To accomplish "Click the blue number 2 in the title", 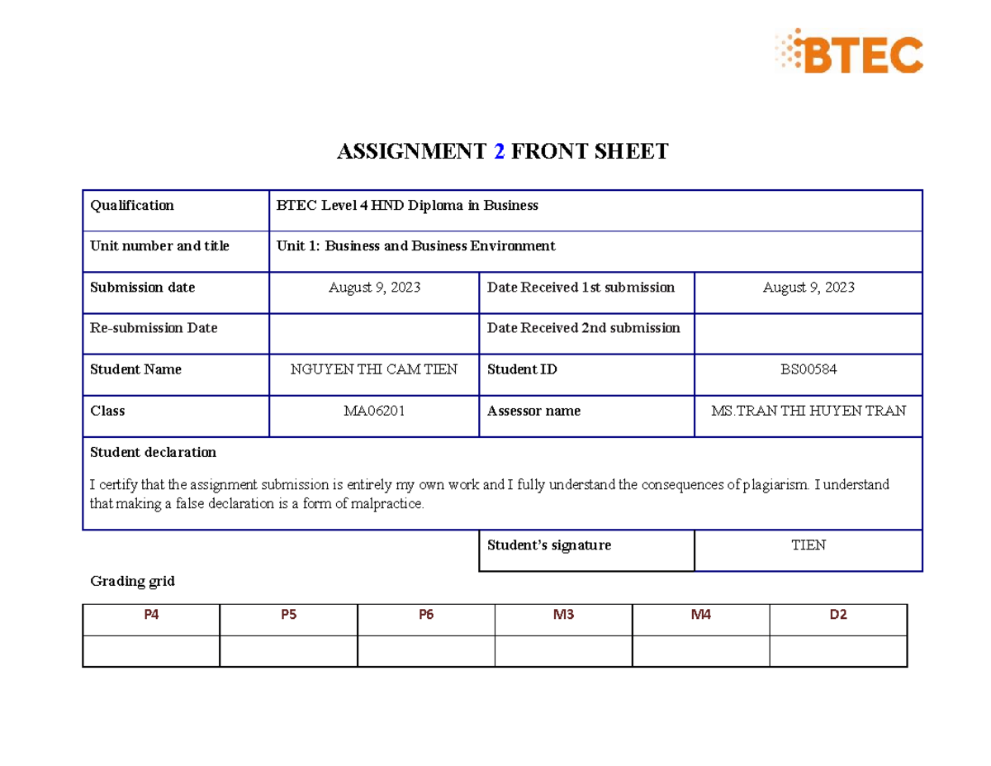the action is pos(498,151).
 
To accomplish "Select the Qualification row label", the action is pos(132,205).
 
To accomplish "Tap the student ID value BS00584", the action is pos(808,369).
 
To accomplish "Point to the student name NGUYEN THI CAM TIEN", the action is pos(374,369).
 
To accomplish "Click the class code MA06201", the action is pos(374,411).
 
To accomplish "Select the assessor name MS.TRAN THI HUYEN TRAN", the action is pos(808,411).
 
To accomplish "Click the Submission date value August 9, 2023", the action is pos(374,288).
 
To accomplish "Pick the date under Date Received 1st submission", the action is pos(808,288).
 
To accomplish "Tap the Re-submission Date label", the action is pos(154,328).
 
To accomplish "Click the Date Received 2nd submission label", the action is pos(584,328).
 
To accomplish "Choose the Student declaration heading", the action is pos(153,452).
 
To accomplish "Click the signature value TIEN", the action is pos(808,545).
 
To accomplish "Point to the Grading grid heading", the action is pos(132,581).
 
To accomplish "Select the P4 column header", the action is pos(151,615).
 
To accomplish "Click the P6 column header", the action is pos(426,615).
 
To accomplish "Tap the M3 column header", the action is pos(564,615).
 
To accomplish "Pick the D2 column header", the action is pos(839,615).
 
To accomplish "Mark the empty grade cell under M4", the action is pos(701,650).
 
